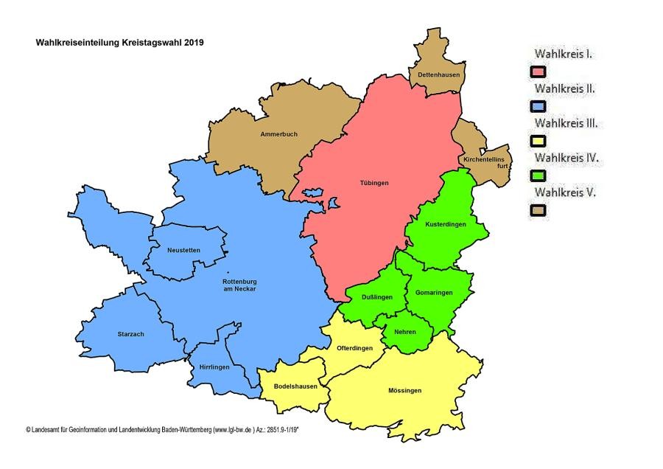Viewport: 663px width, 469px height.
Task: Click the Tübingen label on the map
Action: click(x=376, y=182)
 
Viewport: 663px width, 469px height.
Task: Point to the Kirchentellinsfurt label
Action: click(x=484, y=163)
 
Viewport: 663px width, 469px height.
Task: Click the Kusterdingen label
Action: click(x=446, y=224)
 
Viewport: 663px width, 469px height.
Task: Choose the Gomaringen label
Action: click(x=434, y=293)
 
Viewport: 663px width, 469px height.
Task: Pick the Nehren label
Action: click(x=404, y=332)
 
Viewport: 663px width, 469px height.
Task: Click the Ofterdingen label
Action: click(x=354, y=348)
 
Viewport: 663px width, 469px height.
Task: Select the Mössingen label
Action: click(x=404, y=390)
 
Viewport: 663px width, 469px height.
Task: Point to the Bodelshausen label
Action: click(x=295, y=386)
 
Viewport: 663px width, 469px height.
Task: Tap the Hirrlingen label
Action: click(x=214, y=366)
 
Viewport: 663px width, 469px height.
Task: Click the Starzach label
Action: click(x=130, y=334)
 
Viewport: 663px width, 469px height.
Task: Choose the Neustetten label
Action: click(x=183, y=250)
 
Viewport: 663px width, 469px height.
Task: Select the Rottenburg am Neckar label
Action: click(x=239, y=285)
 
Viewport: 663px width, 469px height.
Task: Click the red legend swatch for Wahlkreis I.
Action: click(x=539, y=72)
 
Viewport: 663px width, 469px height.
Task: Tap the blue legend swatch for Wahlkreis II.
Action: click(x=539, y=107)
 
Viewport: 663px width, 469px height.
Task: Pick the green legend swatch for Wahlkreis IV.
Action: click(x=539, y=176)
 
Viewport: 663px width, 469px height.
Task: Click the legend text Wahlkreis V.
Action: click(x=564, y=192)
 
